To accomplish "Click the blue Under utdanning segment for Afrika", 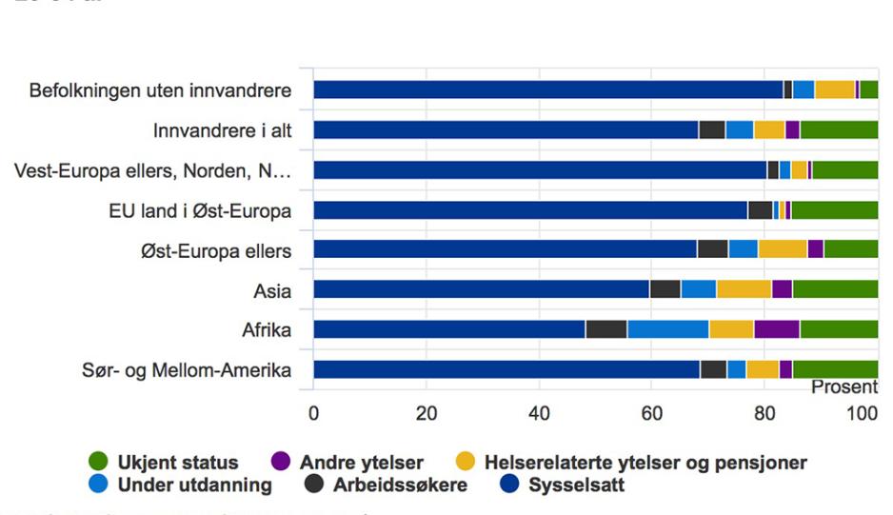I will coord(667,329).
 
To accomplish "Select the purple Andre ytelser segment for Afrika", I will coord(776,329).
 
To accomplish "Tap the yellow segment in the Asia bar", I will coord(744,289).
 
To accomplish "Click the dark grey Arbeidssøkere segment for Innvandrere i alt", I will coord(711,130).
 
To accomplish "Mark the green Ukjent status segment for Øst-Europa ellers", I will coord(850,249).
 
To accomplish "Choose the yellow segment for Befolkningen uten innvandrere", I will coord(835,90).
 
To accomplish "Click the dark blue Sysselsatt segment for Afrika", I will coord(448,329).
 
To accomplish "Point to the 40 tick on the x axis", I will coord(539,413).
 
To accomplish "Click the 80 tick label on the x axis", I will coord(764,413).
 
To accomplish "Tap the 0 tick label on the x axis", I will coord(313,413).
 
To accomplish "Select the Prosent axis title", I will coord(843,387).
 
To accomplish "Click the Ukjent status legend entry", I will coord(177,464).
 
